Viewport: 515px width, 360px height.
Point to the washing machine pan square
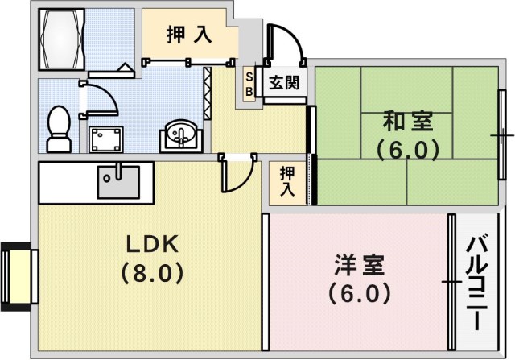click(105, 139)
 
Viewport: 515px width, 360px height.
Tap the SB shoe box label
click(249, 83)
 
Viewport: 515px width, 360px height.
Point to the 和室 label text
click(408, 123)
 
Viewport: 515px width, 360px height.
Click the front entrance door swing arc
click(286, 44)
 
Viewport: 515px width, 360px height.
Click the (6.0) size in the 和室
click(408, 150)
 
